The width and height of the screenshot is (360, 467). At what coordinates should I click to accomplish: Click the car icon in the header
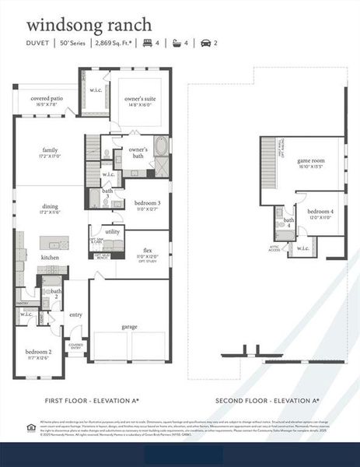206,44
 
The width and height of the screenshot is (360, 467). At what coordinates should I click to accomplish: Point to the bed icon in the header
147,44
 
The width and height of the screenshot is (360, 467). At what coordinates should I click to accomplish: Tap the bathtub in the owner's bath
162,146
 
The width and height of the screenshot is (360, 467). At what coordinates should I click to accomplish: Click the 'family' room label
51,150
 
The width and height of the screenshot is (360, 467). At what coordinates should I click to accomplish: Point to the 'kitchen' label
51,257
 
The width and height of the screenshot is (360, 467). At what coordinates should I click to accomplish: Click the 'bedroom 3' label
148,203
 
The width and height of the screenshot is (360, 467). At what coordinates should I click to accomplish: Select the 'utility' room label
114,232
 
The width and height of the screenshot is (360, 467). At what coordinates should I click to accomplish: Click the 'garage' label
129,327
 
